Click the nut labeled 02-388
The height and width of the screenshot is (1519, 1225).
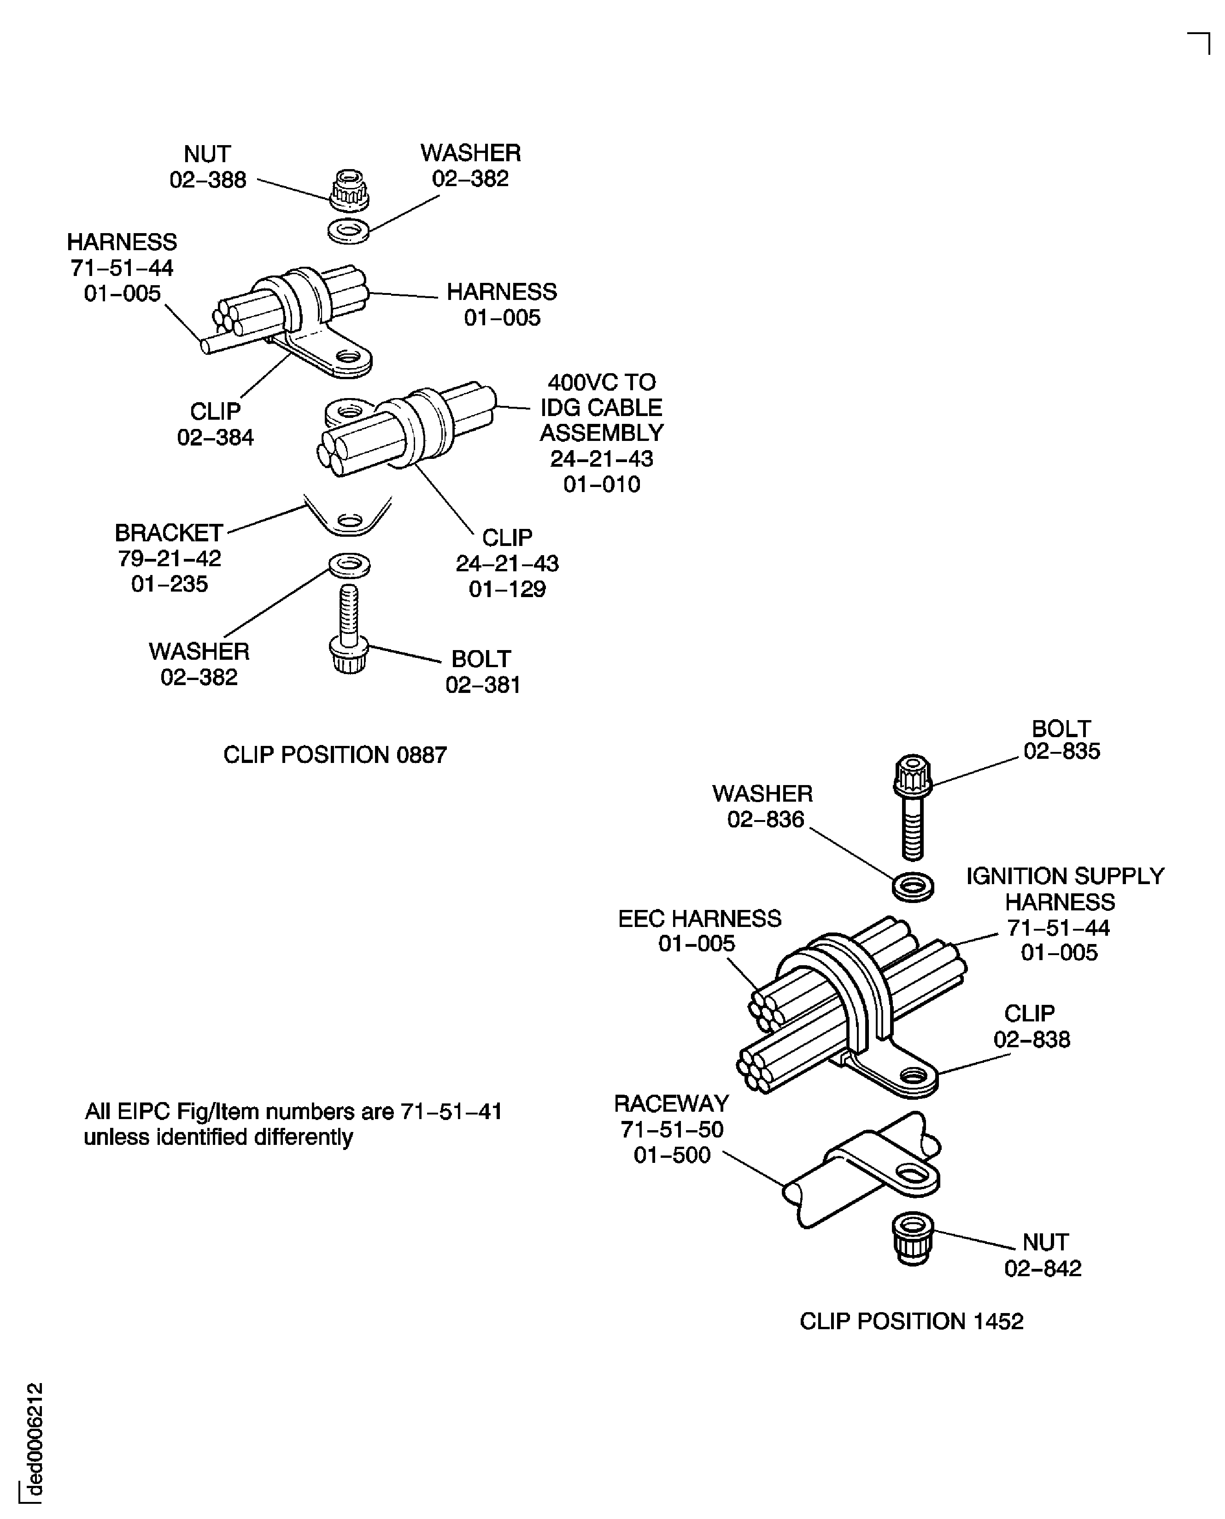(x=349, y=189)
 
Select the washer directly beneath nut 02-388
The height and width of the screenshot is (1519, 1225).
(x=349, y=231)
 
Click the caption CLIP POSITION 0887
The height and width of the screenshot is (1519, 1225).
(x=335, y=755)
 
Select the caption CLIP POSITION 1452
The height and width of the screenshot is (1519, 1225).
(x=911, y=1321)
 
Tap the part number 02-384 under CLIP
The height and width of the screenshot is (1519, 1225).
(x=215, y=437)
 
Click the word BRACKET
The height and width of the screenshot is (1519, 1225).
(x=169, y=533)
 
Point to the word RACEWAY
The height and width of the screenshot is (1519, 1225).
(x=671, y=1103)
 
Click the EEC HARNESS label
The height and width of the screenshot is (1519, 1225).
(x=699, y=919)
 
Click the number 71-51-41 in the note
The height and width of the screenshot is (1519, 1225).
(x=451, y=1112)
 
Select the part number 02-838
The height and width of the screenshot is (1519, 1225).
(x=1032, y=1039)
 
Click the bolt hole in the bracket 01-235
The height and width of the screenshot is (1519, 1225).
(x=349, y=522)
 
